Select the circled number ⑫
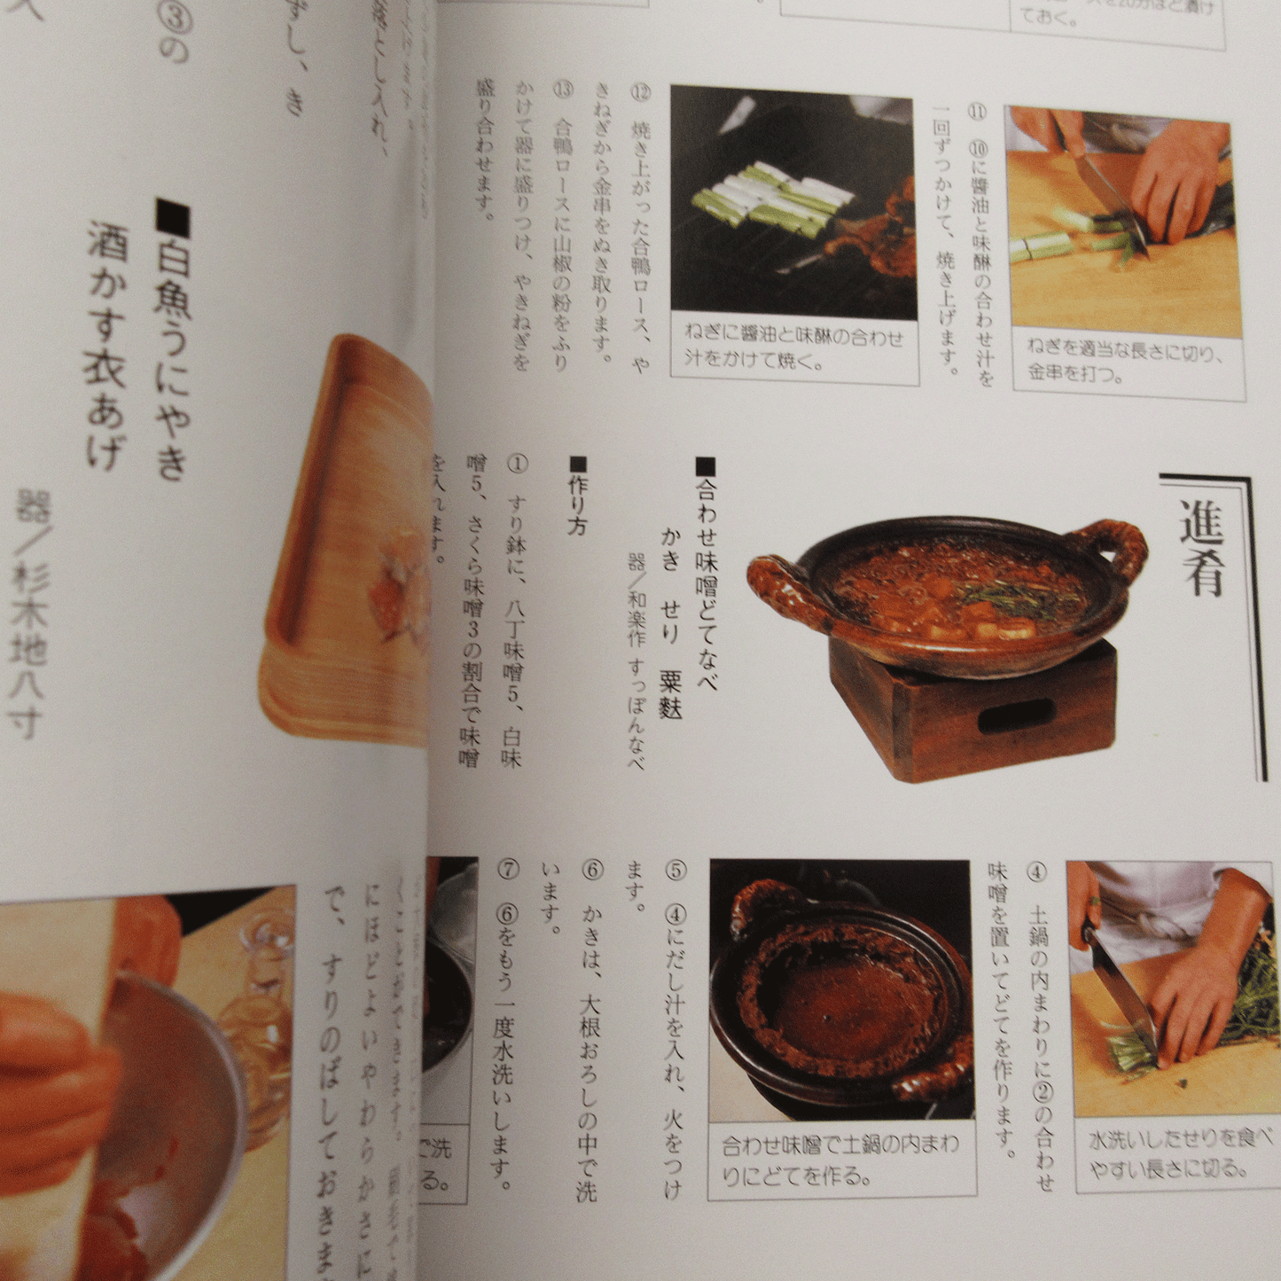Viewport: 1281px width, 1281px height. pyautogui.click(x=640, y=93)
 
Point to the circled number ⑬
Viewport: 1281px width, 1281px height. pyautogui.click(x=561, y=90)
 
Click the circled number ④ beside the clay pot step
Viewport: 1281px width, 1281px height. pyautogui.click(x=1036, y=871)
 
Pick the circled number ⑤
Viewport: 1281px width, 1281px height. pyautogui.click(x=675, y=871)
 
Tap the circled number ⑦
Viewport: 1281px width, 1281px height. pyautogui.click(x=507, y=869)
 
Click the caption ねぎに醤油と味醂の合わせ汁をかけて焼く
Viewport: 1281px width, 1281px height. pyautogui.click(x=793, y=348)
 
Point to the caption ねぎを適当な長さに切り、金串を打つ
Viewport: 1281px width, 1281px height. pyautogui.click(x=1125, y=360)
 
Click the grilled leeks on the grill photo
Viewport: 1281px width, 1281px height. pyautogui.click(x=762, y=199)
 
